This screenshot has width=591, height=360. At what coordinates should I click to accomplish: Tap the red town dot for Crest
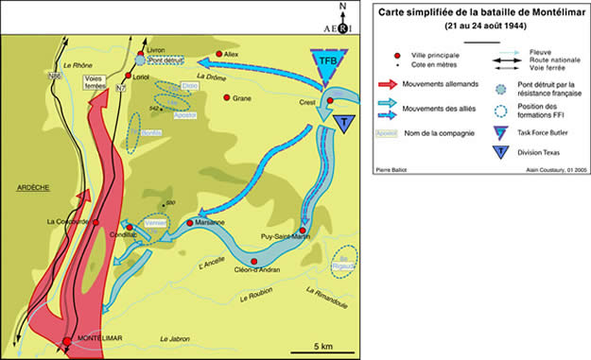click(329, 99)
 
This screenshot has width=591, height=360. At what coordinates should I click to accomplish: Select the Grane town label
click(242, 98)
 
